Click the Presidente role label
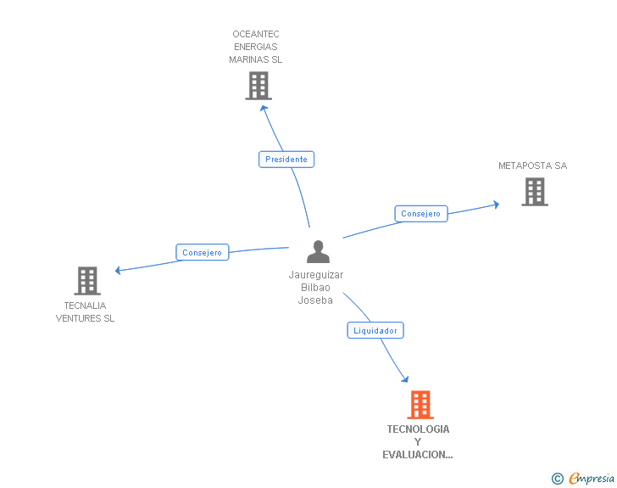(286, 159)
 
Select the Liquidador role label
(375, 330)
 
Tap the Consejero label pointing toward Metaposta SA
(421, 214)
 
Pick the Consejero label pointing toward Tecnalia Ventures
(202, 252)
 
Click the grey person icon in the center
(318, 252)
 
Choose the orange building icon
(420, 405)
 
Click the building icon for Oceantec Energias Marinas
(258, 86)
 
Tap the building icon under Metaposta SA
(534, 192)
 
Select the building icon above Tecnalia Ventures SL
(86, 281)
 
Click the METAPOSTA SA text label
(532, 165)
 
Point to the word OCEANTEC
(256, 35)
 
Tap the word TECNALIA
(85, 306)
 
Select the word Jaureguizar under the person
(316, 275)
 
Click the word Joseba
(315, 300)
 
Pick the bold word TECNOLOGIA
(418, 429)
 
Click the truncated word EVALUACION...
(417, 455)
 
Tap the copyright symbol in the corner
(557, 479)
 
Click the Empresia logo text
(592, 479)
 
